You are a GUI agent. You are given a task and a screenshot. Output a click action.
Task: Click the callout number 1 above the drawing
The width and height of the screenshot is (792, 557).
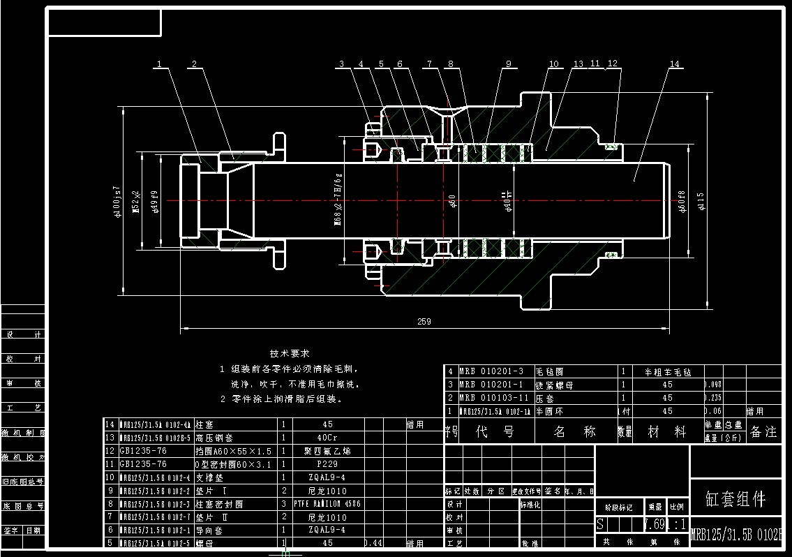pos(159,64)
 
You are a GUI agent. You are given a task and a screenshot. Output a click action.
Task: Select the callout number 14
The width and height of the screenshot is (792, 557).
pos(674,64)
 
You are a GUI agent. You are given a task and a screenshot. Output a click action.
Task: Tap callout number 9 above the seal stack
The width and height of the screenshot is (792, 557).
pos(509,64)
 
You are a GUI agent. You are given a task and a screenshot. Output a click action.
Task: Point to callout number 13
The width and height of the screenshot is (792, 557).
pos(578,64)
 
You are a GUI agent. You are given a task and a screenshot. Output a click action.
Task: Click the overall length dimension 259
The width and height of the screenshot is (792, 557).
pos(424,322)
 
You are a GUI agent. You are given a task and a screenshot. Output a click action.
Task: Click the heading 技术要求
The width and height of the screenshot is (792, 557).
pos(290,354)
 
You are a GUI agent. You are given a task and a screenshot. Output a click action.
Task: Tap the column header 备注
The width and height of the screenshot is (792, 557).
pos(763,432)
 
